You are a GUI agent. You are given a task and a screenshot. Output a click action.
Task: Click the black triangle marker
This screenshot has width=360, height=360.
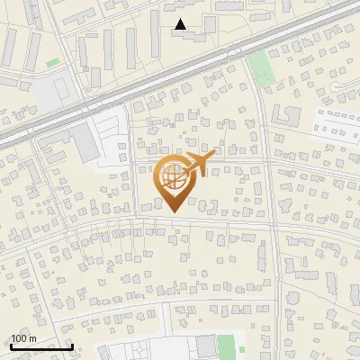tap(181, 24)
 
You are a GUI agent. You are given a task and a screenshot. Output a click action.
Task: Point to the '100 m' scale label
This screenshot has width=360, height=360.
tap(23, 338)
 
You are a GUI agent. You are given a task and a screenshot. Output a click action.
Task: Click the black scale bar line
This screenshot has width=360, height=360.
tap(41, 346)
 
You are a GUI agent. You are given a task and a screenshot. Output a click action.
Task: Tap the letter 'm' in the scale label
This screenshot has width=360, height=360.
tap(32, 338)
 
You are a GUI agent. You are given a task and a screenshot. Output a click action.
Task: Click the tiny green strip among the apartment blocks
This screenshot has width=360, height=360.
tap(53, 62)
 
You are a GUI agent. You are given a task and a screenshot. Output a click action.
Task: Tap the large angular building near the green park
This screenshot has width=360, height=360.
tap(286, 115)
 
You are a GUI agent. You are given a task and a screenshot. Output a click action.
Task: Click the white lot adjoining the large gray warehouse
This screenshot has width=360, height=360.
tap(112, 139)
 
